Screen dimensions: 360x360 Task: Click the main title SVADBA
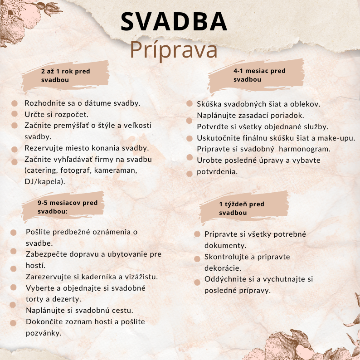click(x=174, y=22)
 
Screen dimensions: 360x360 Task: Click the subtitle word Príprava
click(x=174, y=50)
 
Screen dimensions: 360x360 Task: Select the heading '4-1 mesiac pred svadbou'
click(x=259, y=75)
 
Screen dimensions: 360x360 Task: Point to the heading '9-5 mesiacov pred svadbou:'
click(x=67, y=207)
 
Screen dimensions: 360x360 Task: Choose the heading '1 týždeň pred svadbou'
click(x=241, y=209)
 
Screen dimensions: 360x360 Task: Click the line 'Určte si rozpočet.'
click(x=56, y=114)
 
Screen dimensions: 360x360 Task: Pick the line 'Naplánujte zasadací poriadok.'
click(x=250, y=115)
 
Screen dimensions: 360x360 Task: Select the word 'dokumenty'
click(x=225, y=245)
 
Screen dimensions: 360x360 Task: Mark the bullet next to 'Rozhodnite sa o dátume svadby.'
click(x=15, y=103)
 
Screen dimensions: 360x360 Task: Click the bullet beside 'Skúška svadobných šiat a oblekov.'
click(x=190, y=104)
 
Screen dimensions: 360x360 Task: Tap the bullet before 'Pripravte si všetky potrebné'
click(x=197, y=234)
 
